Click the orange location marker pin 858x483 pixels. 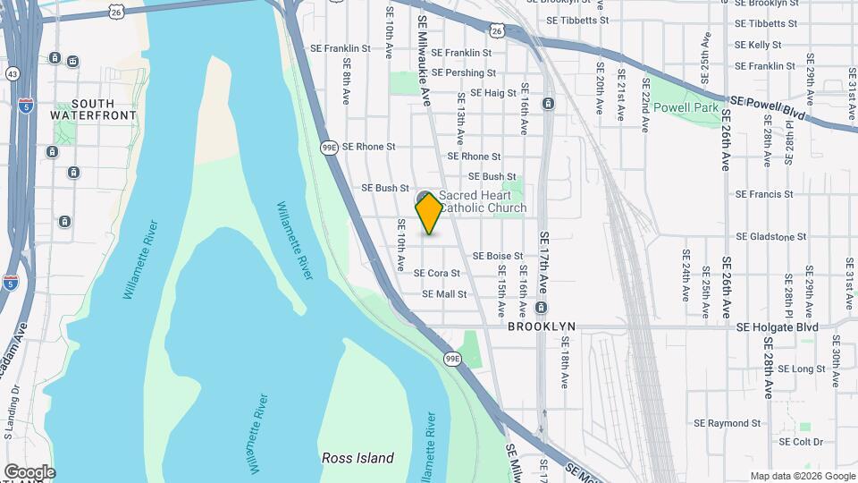pyautogui.click(x=429, y=213)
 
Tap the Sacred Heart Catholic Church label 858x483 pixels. pyautogui.click(x=482, y=201)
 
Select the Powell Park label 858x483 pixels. pyautogui.click(x=686, y=107)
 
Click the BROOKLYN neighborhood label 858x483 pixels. pyautogui.click(x=541, y=327)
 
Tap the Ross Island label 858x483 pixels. pyautogui.click(x=357, y=458)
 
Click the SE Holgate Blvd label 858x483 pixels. pyautogui.click(x=778, y=327)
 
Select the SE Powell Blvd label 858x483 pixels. pyautogui.click(x=768, y=109)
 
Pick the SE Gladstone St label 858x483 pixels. pyautogui.click(x=770, y=237)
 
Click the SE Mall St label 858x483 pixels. pyautogui.click(x=444, y=293)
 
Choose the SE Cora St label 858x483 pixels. pyautogui.click(x=437, y=273)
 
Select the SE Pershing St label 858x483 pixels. pyautogui.click(x=463, y=72)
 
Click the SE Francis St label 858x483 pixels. pyautogui.click(x=764, y=194)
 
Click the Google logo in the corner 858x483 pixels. pyautogui.click(x=29, y=471)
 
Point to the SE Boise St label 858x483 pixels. pyautogui.click(x=498, y=256)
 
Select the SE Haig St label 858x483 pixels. pyautogui.click(x=487, y=92)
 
